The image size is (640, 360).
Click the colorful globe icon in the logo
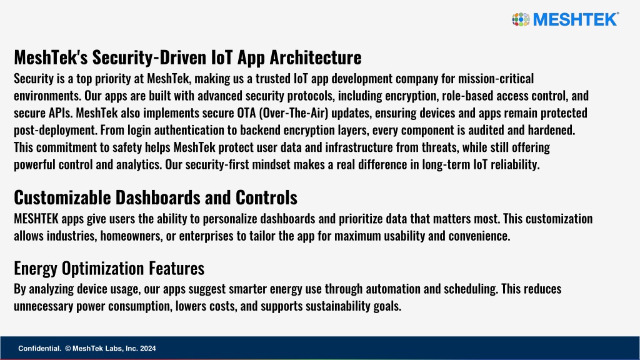tap(521, 19)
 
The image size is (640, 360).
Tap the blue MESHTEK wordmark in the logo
tap(576, 19)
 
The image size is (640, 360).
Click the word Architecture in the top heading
tap(316, 57)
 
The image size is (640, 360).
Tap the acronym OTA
tap(246, 112)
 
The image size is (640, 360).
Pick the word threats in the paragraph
tap(440, 147)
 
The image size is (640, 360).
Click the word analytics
tap(139, 165)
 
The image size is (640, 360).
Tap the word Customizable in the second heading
tap(62, 197)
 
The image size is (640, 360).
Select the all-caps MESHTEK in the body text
tap(36, 219)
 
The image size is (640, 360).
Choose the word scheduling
tap(471, 289)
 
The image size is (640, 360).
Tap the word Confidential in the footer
tap(39, 349)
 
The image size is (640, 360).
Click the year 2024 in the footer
tap(147, 349)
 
